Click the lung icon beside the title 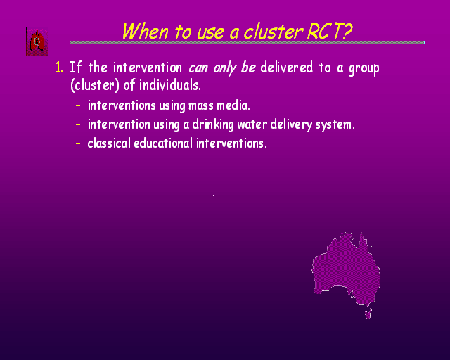[37, 41]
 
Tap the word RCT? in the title [330, 31]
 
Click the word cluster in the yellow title [274, 32]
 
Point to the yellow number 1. [59, 67]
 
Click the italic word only [224, 68]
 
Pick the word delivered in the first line [286, 67]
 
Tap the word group [364, 69]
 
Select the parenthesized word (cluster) [94, 85]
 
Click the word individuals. [170, 85]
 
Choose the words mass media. [219, 105]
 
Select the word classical [109, 143]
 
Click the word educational [163, 143]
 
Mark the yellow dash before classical [78, 143]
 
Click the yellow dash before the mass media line [78, 105]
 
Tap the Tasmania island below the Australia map [368, 314]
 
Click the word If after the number [75, 67]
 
